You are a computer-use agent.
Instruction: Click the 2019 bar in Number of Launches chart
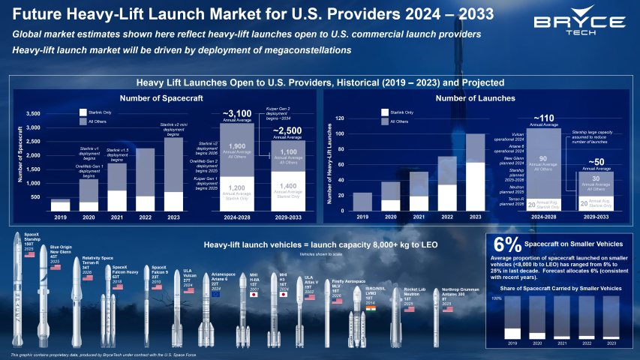362,202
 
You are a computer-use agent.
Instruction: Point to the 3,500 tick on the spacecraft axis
33,113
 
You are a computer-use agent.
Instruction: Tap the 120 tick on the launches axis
339,118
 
